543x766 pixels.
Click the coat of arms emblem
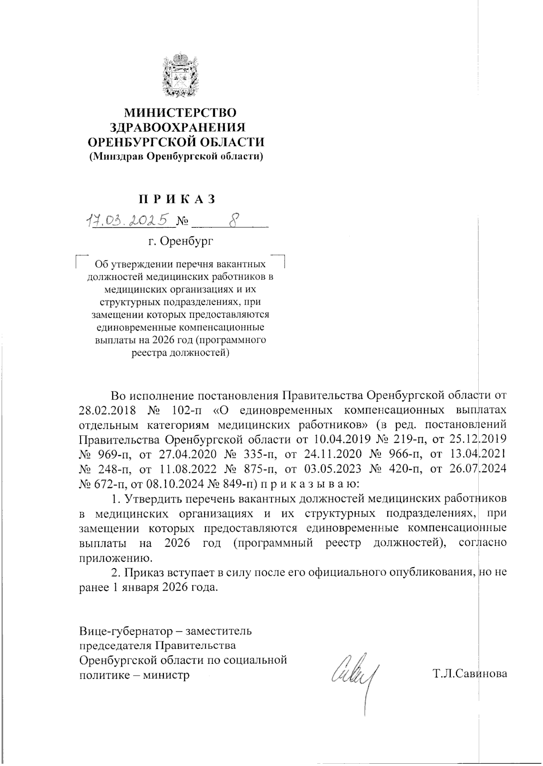181,75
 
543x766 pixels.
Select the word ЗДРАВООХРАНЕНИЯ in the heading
181,127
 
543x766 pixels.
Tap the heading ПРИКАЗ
176,199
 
